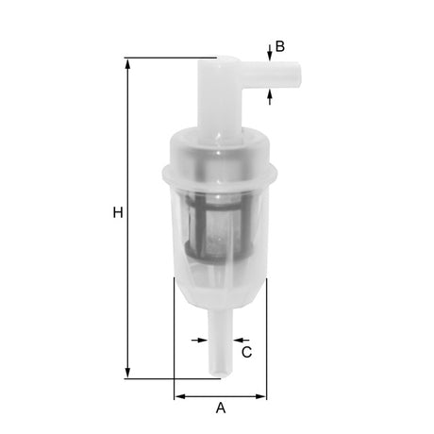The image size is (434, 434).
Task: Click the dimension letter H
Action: (118, 213)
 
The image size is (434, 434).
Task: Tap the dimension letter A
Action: (222, 409)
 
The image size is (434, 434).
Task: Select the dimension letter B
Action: (279, 45)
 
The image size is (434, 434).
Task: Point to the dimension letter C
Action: (247, 352)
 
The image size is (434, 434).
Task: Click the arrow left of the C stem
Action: (203, 338)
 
